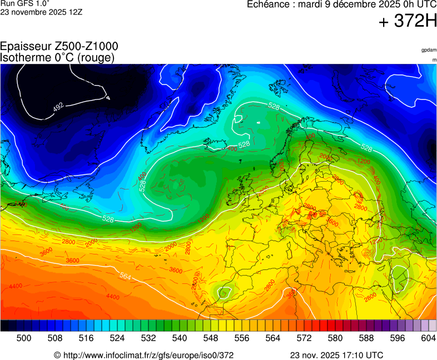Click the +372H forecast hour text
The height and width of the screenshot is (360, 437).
[x=408, y=22]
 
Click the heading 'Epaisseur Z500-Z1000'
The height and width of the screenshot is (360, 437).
[x=59, y=47]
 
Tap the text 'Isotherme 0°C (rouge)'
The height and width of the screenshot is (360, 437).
[x=57, y=57]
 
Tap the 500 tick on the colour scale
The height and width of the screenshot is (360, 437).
[x=23, y=338]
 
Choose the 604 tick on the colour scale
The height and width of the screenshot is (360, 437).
[x=428, y=338]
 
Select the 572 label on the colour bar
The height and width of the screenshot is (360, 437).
[x=304, y=338]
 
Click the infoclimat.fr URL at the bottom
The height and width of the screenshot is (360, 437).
[x=143, y=355]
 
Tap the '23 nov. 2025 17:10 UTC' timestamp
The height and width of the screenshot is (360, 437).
[x=336, y=355]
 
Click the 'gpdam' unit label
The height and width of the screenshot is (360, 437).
[x=429, y=50]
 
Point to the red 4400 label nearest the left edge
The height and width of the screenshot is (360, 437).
[x=16, y=286]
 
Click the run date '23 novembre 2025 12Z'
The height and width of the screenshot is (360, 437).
[x=41, y=12]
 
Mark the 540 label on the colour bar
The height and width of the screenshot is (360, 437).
[x=179, y=338]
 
